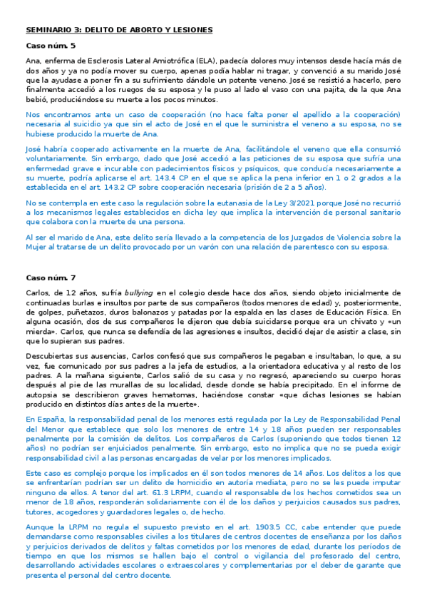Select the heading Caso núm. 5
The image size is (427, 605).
pyautogui.click(x=50, y=46)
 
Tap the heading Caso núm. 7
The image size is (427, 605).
pyautogui.click(x=50, y=276)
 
